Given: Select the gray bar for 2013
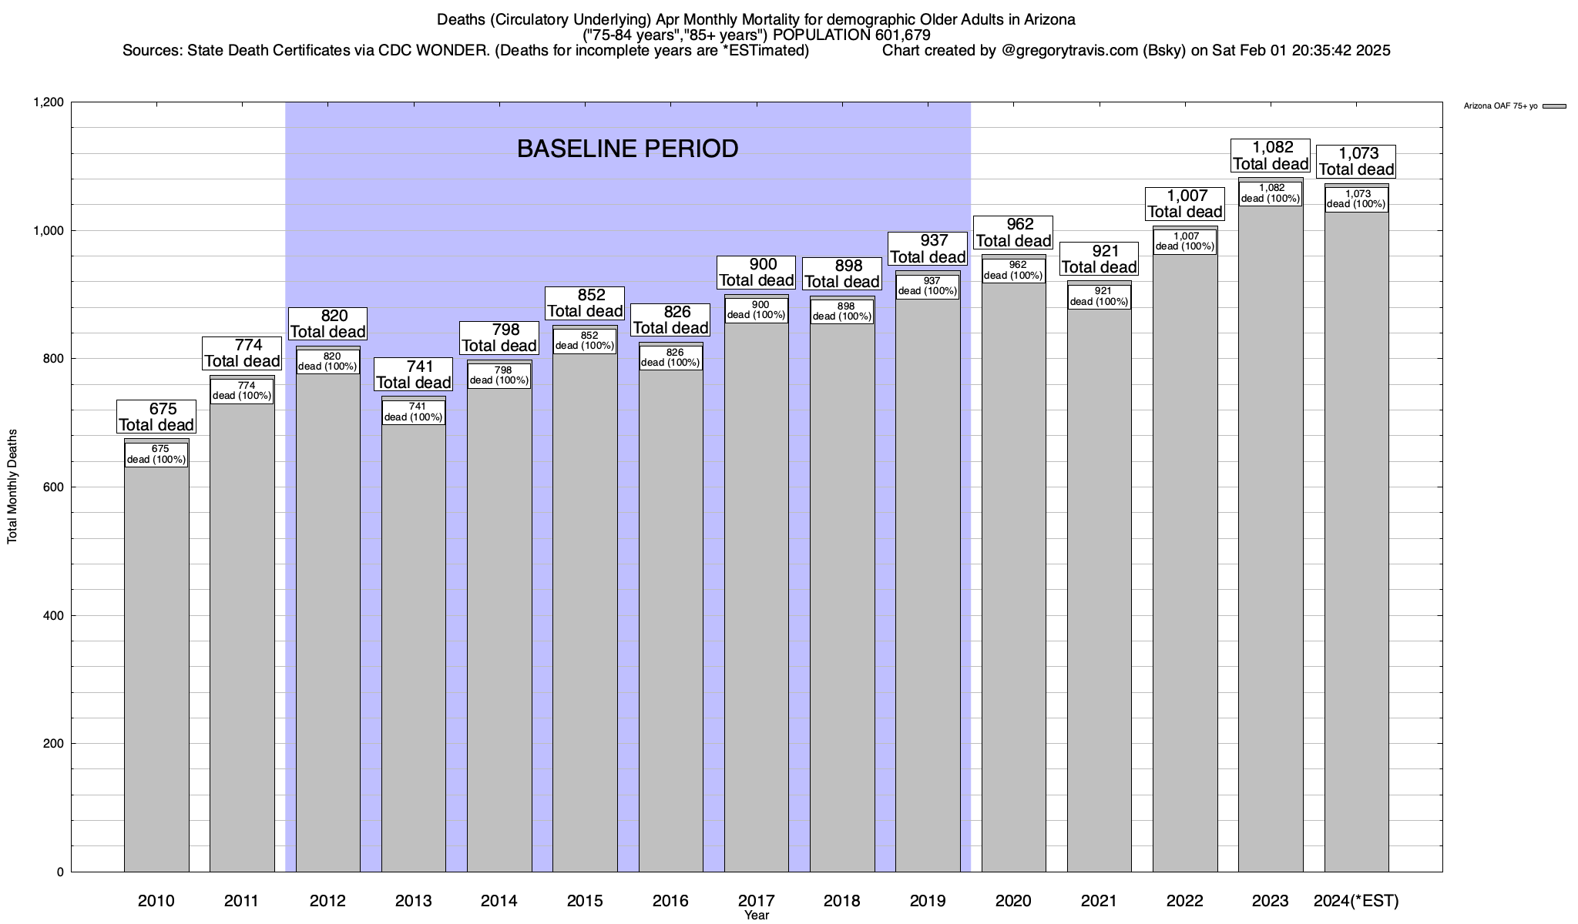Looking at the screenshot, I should click(414, 647).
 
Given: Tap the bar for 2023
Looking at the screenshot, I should click(1271, 539).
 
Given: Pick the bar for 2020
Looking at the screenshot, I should click(1013, 577).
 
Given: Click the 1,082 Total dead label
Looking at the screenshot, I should click(1271, 156).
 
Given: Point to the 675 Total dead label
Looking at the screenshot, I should click(156, 417).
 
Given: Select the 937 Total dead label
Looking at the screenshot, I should click(928, 249).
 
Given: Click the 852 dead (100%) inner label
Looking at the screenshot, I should click(585, 340).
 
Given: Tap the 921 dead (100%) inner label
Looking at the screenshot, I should click(1100, 296).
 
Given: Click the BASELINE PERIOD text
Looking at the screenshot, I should click(627, 149).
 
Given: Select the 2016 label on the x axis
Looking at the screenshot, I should click(670, 901).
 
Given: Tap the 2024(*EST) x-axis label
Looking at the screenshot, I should click(1356, 901).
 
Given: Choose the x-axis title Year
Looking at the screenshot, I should click(757, 916).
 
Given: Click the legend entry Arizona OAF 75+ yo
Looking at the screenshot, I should click(1500, 106).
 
